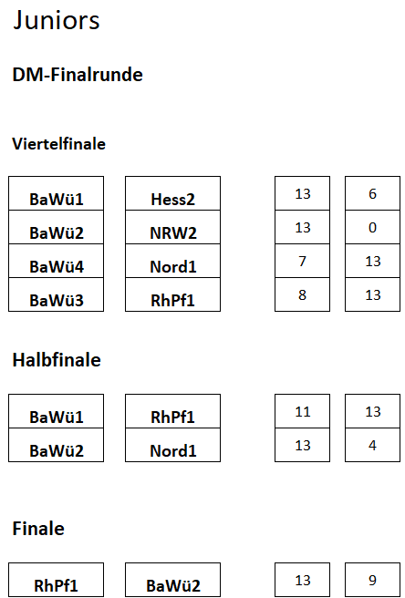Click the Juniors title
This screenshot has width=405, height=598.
pos(57,20)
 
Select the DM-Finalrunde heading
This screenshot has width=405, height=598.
pos(78,75)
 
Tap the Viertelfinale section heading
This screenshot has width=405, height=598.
pos(58,144)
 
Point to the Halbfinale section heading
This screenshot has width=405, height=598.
pos(57,360)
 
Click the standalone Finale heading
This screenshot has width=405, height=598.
pos(38,528)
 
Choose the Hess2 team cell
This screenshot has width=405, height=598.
pos(172,193)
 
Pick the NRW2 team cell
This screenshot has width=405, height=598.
pos(172,227)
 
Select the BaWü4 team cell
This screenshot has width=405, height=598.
pos(57,261)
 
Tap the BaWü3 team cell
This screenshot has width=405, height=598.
pos(57,294)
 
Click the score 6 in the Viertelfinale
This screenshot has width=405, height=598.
pos(372,193)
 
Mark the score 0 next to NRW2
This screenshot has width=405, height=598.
pos(372,227)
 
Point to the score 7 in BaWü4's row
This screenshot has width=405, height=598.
pos(302,261)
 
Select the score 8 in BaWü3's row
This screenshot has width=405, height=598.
pos(302,294)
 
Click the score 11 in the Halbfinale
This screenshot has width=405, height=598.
pos(302,411)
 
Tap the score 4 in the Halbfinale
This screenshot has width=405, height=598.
pos(372,445)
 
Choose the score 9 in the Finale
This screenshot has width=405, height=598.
pos(372,580)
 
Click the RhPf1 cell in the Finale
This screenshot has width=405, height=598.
pos(57,580)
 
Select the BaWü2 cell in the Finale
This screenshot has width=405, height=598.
pos(172,580)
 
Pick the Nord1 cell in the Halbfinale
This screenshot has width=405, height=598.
pos(172,445)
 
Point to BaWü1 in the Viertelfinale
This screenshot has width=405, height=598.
pos(57,193)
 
